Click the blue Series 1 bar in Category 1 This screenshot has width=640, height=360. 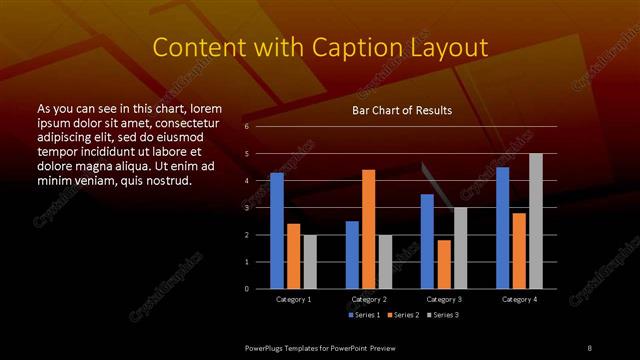(277, 231)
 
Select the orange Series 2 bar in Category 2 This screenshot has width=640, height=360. (369, 229)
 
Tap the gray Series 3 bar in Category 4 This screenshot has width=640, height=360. (536, 221)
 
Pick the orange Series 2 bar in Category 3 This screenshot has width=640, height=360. (444, 264)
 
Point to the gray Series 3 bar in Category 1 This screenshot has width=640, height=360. (310, 262)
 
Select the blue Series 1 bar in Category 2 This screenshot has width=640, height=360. (352, 255)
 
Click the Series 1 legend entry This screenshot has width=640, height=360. (363, 314)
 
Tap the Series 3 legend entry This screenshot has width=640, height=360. (443, 314)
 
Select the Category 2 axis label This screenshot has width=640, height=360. (369, 299)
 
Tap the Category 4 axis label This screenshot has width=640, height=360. (519, 299)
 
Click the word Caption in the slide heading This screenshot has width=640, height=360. (352, 47)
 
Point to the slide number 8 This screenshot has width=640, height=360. (589, 347)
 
